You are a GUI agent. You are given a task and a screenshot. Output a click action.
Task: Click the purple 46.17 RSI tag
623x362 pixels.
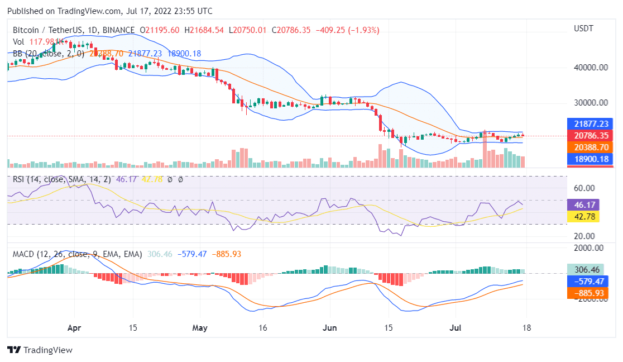[583, 205]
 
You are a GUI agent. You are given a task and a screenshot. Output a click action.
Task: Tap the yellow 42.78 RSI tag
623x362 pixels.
[583, 217]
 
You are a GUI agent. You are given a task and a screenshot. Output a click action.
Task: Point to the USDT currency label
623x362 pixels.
[584, 28]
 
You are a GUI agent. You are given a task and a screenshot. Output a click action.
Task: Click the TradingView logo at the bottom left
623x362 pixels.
[40, 350]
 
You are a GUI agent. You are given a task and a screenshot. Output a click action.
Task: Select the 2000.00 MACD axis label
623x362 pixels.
[589, 248]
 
